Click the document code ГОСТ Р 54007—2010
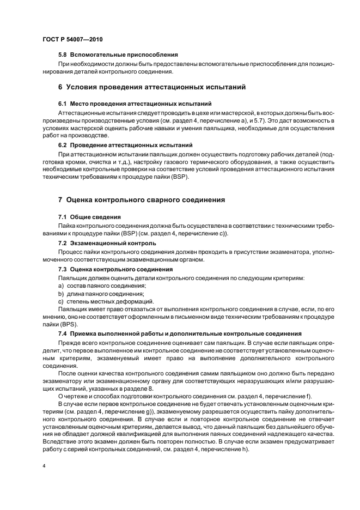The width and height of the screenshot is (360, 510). point(72,39)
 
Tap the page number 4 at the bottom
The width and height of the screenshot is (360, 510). point(44,466)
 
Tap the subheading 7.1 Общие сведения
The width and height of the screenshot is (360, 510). point(89,217)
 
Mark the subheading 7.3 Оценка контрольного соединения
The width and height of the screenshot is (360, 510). point(115,269)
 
